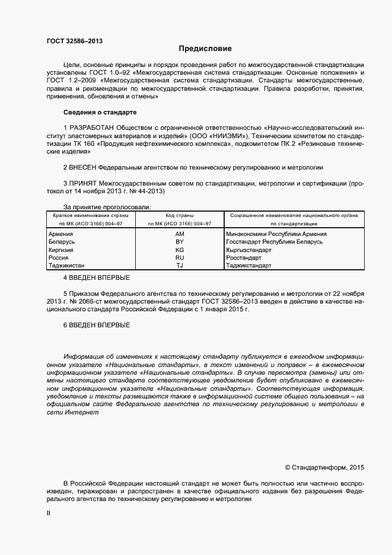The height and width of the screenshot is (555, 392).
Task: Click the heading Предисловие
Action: pos(206,49)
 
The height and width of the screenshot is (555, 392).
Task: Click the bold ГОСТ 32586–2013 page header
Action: pos(75,41)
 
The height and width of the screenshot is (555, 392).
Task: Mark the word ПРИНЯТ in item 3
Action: pos(83,184)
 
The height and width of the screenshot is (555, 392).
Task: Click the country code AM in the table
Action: pos(180,234)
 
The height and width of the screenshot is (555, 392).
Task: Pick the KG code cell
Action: pos(180,250)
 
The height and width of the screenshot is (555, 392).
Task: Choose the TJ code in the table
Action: pos(180,266)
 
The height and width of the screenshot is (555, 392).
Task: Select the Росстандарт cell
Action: pos(244,258)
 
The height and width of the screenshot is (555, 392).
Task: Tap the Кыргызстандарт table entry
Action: pos(248,250)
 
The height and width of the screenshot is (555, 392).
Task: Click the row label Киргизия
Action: pos(60,250)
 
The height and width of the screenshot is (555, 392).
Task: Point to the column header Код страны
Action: pos(180,215)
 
